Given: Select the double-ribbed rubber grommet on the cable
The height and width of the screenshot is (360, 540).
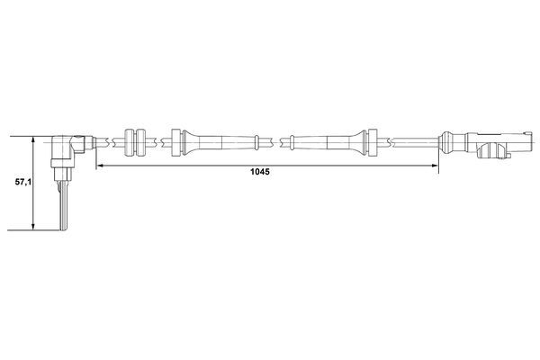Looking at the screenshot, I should [133, 141].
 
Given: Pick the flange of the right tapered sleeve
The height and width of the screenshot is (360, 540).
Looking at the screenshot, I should [369, 141].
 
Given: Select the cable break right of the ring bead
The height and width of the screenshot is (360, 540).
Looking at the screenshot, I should [284, 141].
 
